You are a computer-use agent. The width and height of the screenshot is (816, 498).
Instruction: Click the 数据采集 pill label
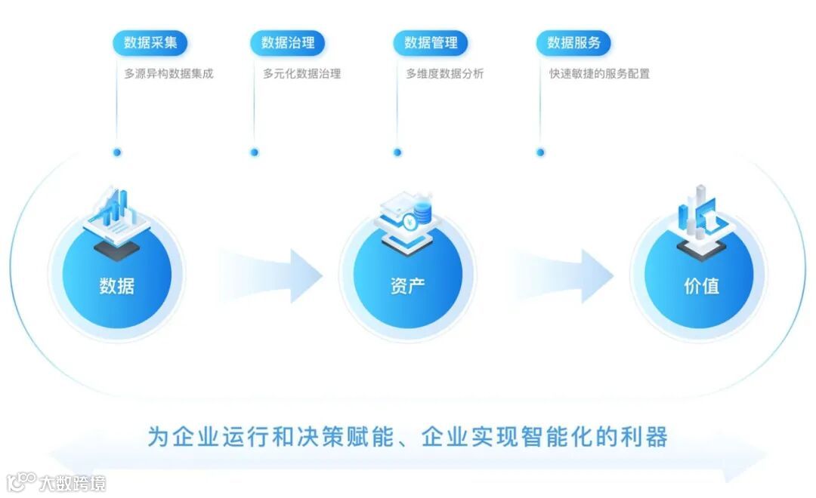150,43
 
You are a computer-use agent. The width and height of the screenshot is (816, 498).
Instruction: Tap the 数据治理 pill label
288,43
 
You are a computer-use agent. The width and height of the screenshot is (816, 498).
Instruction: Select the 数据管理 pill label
431,43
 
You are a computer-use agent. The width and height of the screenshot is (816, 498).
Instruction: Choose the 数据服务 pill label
573,43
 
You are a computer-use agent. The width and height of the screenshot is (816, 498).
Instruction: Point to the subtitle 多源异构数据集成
169,74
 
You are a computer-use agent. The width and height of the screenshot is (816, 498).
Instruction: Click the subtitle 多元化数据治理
302,74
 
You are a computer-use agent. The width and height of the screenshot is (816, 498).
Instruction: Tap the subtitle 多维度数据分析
445,74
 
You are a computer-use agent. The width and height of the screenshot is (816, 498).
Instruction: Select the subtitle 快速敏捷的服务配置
600,74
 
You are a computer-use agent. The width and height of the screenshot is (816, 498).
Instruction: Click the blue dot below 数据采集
117,152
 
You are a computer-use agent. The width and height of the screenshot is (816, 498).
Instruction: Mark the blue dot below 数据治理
255,152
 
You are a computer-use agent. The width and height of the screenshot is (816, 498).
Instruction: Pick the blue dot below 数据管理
397,152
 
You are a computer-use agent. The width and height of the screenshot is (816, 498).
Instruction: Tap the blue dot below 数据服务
540,152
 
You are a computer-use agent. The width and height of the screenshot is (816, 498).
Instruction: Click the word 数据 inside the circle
117,286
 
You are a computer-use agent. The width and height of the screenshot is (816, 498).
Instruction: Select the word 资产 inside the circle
407,286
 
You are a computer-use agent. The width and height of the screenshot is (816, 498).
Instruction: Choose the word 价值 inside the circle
700,286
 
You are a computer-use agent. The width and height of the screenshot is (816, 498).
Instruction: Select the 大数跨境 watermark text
73,482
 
